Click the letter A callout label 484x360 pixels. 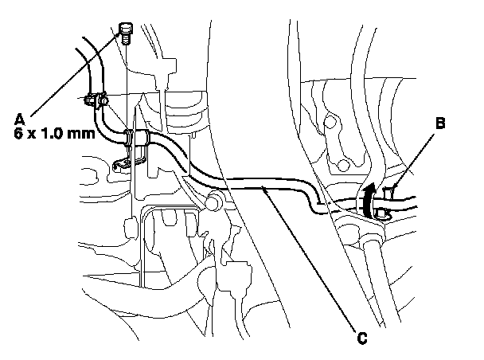(x=19, y=119)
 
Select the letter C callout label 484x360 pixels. (x=362, y=338)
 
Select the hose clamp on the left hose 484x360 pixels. (x=95, y=101)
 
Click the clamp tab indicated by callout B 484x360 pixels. (x=389, y=192)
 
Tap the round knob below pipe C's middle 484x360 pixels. (x=213, y=204)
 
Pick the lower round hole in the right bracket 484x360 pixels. (x=342, y=165)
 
